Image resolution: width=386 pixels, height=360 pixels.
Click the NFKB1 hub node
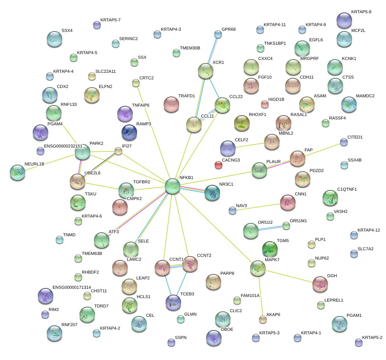point(173,186)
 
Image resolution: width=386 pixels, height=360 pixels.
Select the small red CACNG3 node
point(219,165)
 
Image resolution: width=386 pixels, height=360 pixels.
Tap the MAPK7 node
point(257,268)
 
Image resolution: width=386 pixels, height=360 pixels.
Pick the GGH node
point(320,284)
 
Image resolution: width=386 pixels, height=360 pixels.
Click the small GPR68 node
point(218,35)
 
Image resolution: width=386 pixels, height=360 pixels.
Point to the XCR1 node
point(205,71)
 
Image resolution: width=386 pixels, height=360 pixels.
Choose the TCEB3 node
point(173,302)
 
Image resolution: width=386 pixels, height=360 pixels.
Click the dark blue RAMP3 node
point(129,133)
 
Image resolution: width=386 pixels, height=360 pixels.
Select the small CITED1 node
point(344,142)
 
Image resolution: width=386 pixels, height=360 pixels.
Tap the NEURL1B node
point(18,172)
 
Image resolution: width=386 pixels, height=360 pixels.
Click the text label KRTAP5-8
point(361,12)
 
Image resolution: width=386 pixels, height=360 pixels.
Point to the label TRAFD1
point(186,96)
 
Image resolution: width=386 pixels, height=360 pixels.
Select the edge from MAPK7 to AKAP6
point(260,294)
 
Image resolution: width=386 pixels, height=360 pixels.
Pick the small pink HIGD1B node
point(265,104)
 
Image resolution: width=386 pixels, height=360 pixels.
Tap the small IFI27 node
point(118,151)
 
